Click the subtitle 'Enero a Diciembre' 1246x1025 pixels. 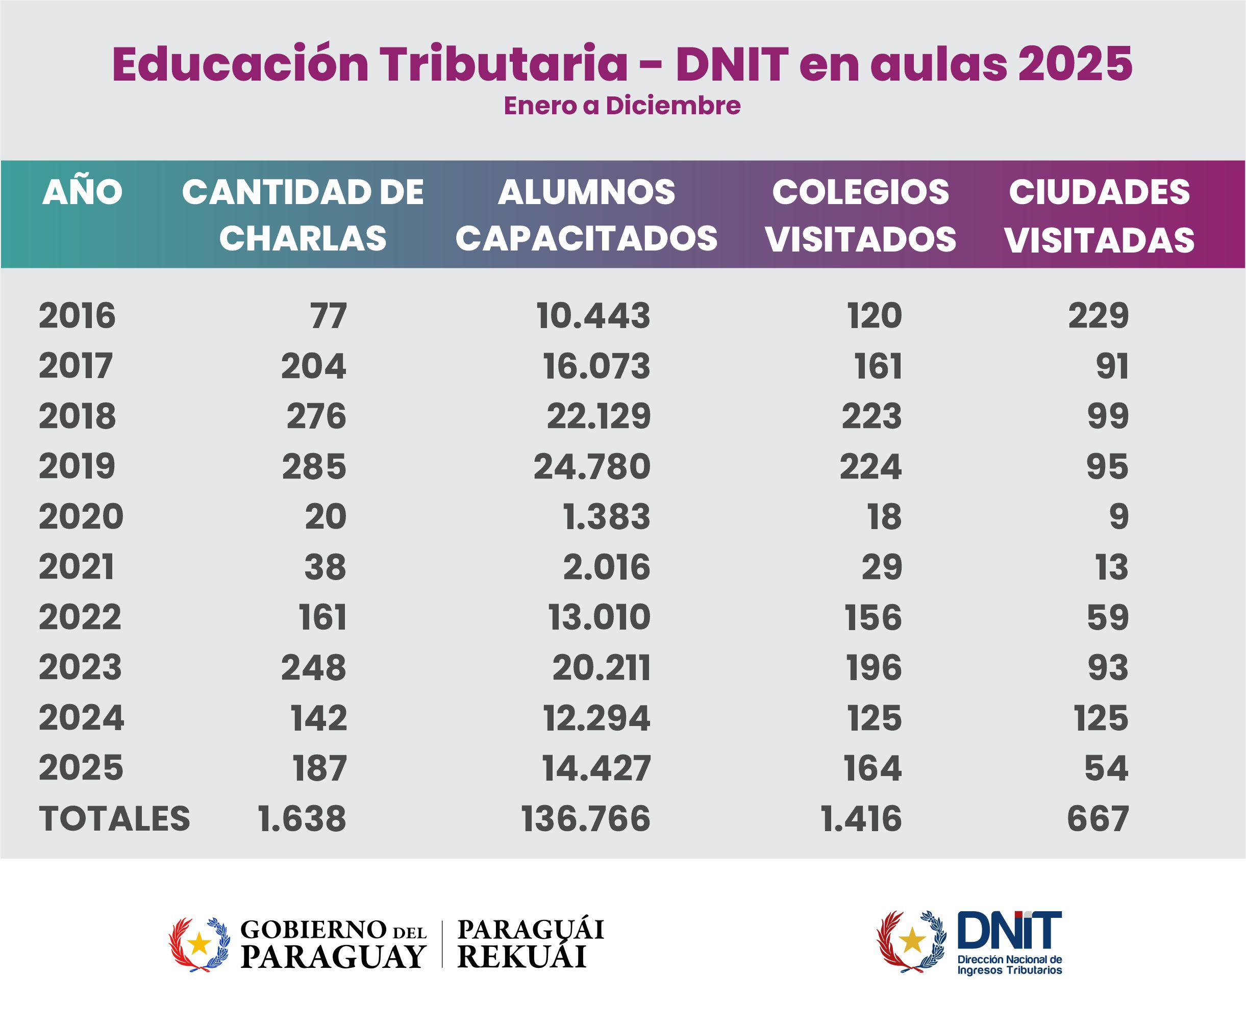622,106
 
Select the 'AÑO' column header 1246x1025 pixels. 82,192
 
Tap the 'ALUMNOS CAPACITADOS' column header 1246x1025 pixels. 586,215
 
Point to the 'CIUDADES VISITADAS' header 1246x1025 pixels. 1099,215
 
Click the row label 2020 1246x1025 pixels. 81,517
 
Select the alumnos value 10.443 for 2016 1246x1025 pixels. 593,315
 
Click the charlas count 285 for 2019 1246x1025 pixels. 314,466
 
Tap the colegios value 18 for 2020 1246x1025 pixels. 884,517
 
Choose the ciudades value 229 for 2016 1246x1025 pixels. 1099,315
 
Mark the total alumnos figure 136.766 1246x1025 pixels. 586,819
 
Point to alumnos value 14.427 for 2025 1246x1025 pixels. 596,768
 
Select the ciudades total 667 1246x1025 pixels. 1098,819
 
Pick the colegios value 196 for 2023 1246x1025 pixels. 874,668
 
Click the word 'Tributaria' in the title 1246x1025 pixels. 503,64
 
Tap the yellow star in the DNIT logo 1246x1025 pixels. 913,939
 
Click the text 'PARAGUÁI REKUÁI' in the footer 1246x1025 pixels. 530,943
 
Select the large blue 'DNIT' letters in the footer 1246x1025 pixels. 1009,930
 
